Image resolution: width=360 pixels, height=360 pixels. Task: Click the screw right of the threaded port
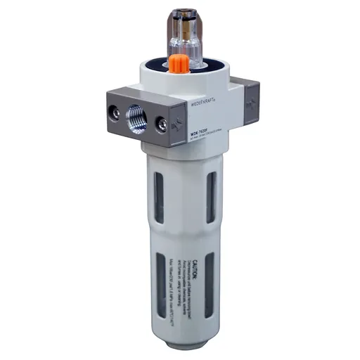tap(162, 124)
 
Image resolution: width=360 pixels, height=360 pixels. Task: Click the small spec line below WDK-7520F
tap(203, 139)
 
